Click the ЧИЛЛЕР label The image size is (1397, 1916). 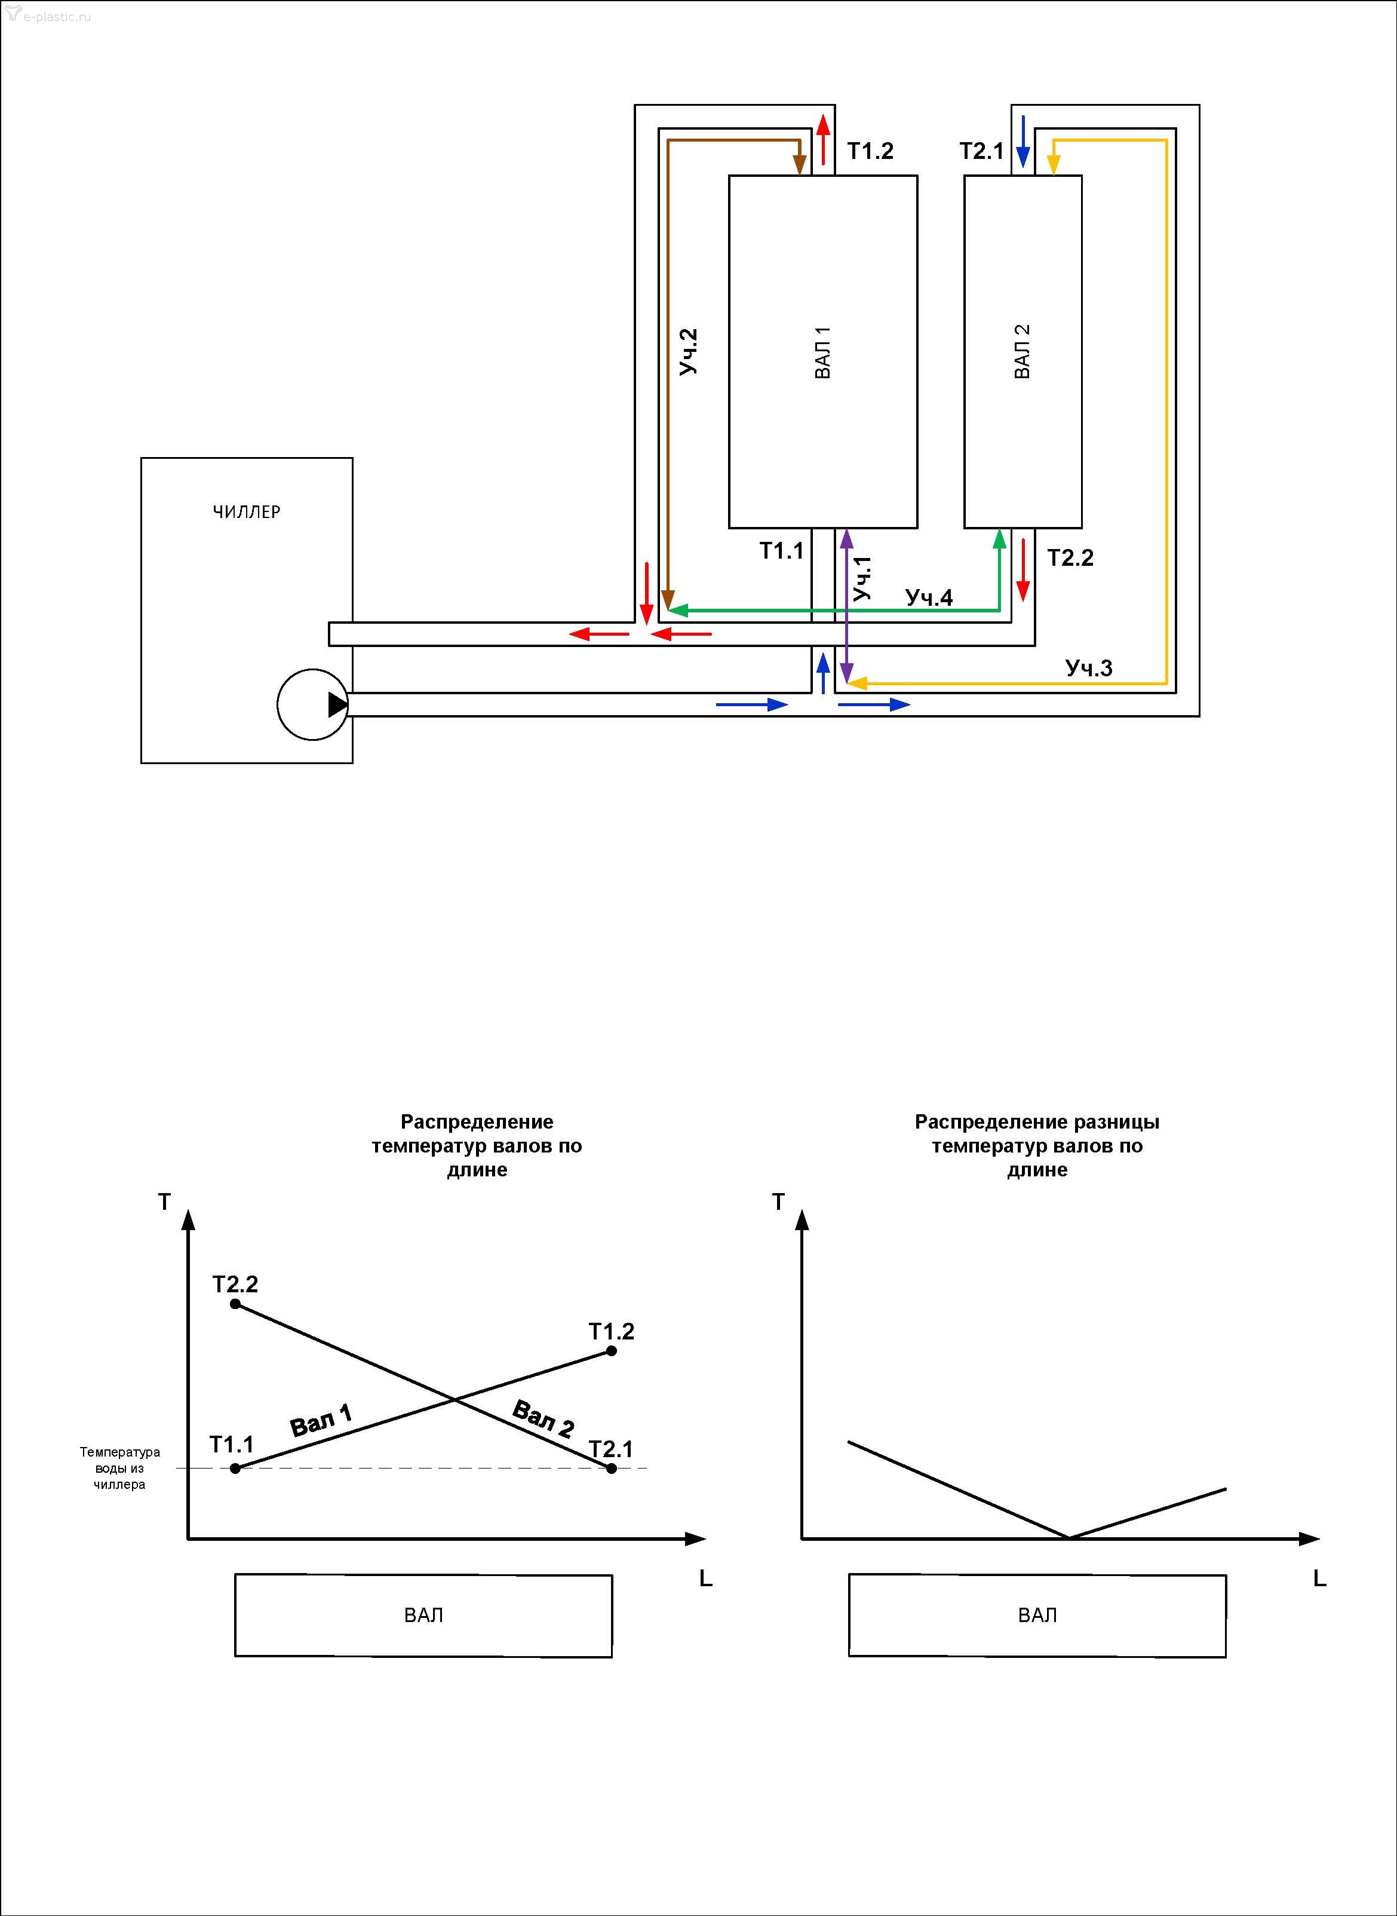(x=246, y=512)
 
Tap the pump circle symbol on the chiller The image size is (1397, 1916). (x=313, y=704)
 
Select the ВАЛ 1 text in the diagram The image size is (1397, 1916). (x=823, y=352)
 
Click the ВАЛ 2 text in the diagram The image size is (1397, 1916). (x=1023, y=352)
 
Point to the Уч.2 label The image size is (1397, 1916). (x=689, y=352)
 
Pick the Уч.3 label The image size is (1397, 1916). (x=1089, y=669)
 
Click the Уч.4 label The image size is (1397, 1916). (x=929, y=597)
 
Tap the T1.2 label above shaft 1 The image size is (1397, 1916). (x=870, y=151)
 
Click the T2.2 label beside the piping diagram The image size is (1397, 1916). (x=1070, y=557)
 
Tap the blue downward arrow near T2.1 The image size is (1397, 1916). (x=1023, y=140)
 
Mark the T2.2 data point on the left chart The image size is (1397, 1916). (x=235, y=1304)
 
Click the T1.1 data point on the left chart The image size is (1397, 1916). (x=235, y=1469)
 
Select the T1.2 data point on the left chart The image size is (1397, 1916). (x=612, y=1351)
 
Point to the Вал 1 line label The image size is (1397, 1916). (x=321, y=1420)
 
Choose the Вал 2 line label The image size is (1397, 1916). (x=543, y=1418)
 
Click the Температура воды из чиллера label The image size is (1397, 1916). (x=119, y=1469)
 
